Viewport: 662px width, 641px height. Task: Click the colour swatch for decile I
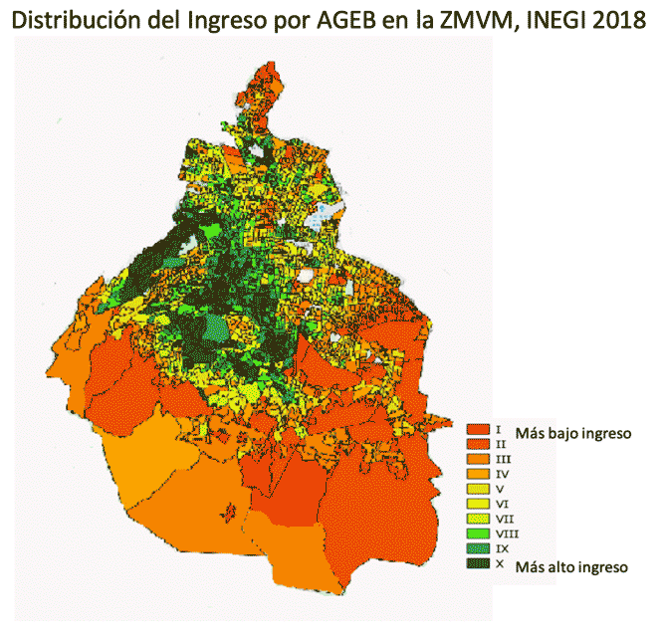[478, 428]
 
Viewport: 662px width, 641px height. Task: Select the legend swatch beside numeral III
[478, 459]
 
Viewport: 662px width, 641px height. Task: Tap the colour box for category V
[478, 489]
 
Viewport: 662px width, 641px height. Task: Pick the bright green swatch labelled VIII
[478, 534]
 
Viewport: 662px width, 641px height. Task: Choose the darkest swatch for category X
[478, 563]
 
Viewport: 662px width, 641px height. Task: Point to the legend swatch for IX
[478, 548]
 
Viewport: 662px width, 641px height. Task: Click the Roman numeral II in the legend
[501, 443]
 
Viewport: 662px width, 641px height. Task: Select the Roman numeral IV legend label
[502, 474]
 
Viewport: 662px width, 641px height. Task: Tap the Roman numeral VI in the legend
[502, 504]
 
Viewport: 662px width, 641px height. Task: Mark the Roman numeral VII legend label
[503, 519]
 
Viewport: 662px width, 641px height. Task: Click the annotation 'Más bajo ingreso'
[573, 434]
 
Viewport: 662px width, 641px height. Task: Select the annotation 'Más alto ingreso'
[571, 567]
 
